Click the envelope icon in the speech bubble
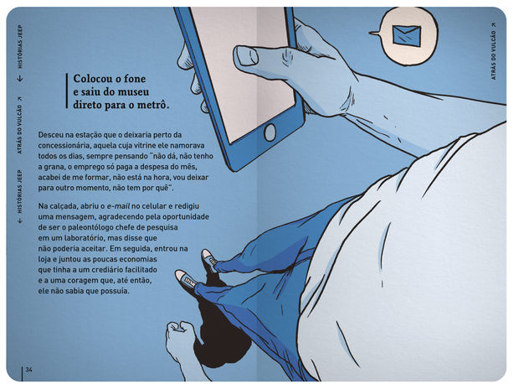407,35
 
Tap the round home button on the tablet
270,132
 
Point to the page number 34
29,370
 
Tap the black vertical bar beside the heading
66,91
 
